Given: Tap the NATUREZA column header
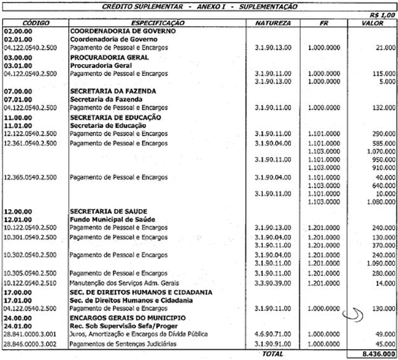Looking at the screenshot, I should click(x=273, y=22).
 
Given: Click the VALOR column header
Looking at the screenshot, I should click(x=373, y=22).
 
